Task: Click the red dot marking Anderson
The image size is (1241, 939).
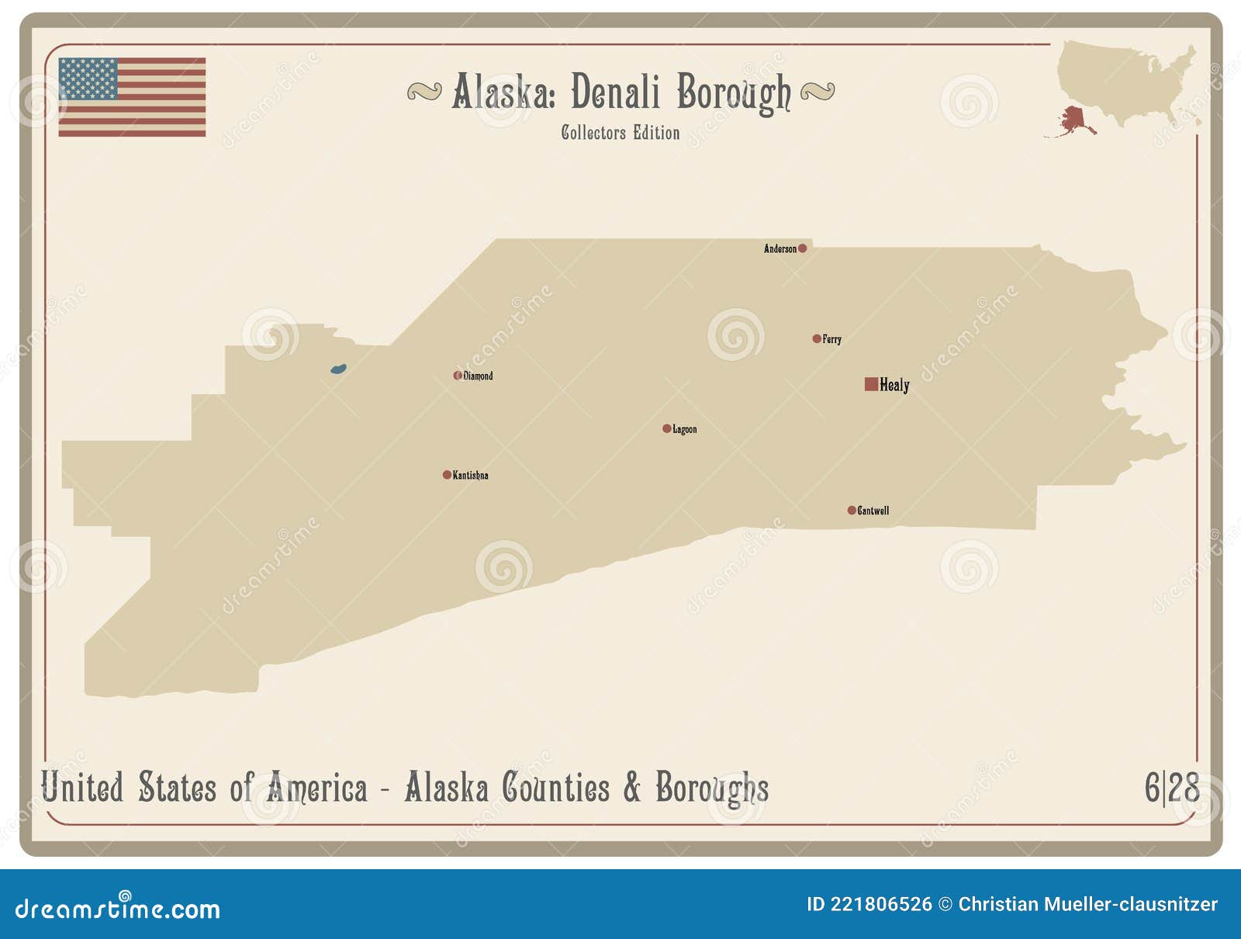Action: coord(802,248)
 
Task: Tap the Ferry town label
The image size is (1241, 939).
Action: coord(832,339)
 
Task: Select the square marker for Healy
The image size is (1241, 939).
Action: coord(871,384)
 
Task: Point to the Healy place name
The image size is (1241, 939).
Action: coord(894,385)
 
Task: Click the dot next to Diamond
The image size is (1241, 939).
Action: coord(458,376)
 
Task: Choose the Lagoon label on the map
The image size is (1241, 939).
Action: coord(685,429)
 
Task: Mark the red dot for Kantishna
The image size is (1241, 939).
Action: coord(447,475)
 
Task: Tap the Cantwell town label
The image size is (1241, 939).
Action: coord(873,511)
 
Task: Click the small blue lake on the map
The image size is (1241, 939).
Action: coord(338,369)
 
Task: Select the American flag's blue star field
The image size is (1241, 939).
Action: coord(88,79)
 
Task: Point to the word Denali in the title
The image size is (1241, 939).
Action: coord(615,92)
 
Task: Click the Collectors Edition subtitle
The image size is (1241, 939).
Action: coord(620,133)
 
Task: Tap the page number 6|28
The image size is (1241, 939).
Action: coord(1171,788)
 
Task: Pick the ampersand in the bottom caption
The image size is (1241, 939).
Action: coord(632,787)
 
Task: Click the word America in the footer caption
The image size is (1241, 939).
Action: coord(316,788)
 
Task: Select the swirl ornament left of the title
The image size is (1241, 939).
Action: coord(424,92)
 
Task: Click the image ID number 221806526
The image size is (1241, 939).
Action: coord(881,904)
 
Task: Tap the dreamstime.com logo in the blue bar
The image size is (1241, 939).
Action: coord(118,908)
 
